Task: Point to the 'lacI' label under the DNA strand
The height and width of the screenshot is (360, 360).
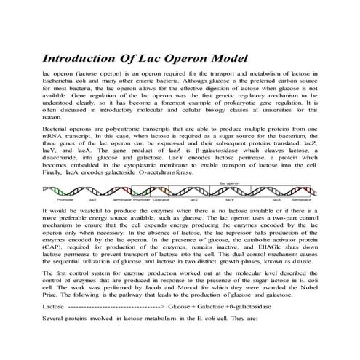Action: [x=92, y=199]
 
